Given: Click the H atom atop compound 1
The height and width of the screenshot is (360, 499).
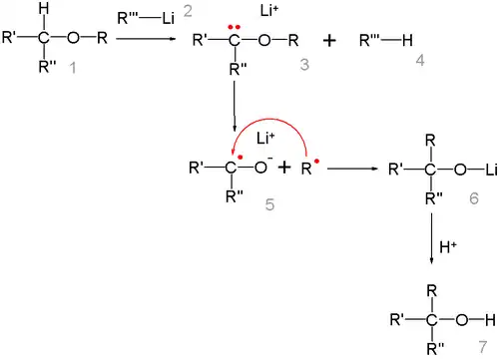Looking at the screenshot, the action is [37, 11].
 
